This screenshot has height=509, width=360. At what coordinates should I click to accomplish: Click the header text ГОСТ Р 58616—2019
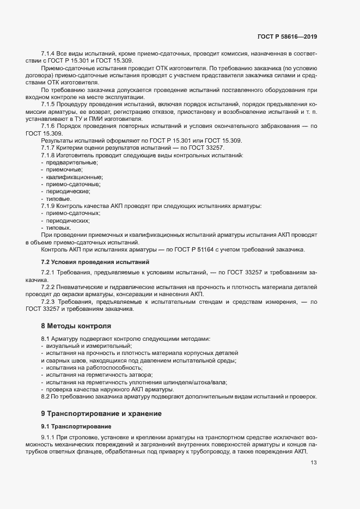click(287, 36)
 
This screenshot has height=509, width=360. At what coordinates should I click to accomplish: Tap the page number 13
click(314, 463)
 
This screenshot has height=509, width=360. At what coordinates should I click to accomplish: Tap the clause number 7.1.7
click(48, 148)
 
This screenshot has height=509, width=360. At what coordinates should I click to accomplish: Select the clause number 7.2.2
click(48, 287)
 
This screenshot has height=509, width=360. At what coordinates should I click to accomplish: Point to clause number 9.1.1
click(48, 439)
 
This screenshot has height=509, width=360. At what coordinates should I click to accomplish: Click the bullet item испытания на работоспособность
click(90, 368)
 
